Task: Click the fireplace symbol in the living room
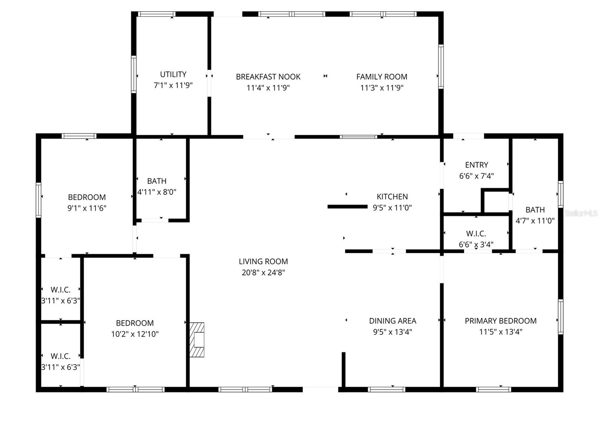(x=197, y=340)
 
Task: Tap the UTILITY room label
(x=173, y=74)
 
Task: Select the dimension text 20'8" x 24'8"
(x=263, y=273)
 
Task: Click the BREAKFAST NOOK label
(x=268, y=77)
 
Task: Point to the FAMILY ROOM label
(x=381, y=77)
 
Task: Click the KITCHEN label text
(x=392, y=197)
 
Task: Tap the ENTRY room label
(x=476, y=165)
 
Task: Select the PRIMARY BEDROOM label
(x=501, y=321)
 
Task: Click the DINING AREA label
(x=392, y=321)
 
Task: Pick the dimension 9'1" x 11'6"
(x=87, y=208)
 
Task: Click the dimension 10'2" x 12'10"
(x=135, y=334)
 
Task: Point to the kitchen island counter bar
(x=347, y=207)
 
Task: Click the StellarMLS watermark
(x=581, y=213)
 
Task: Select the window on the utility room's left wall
(x=134, y=74)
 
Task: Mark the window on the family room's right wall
(x=441, y=67)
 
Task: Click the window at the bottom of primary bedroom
(x=493, y=389)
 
